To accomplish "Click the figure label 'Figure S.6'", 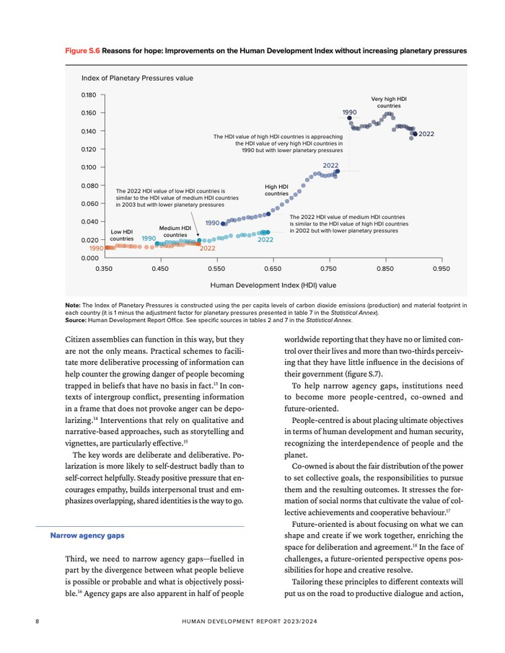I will click(x=82, y=52).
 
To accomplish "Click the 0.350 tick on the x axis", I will click(x=104, y=268).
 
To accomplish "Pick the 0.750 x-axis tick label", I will click(x=329, y=268).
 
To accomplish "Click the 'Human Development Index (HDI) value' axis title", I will click(x=273, y=285).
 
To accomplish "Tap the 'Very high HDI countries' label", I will click(x=389, y=102).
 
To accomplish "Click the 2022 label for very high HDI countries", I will click(x=426, y=134).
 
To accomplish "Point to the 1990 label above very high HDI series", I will click(x=350, y=112).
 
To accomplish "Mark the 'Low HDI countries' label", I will click(x=122, y=235).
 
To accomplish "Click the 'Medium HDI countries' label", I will click(x=175, y=231).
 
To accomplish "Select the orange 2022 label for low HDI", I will click(x=207, y=249).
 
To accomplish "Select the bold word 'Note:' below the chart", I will click(x=73, y=305).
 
